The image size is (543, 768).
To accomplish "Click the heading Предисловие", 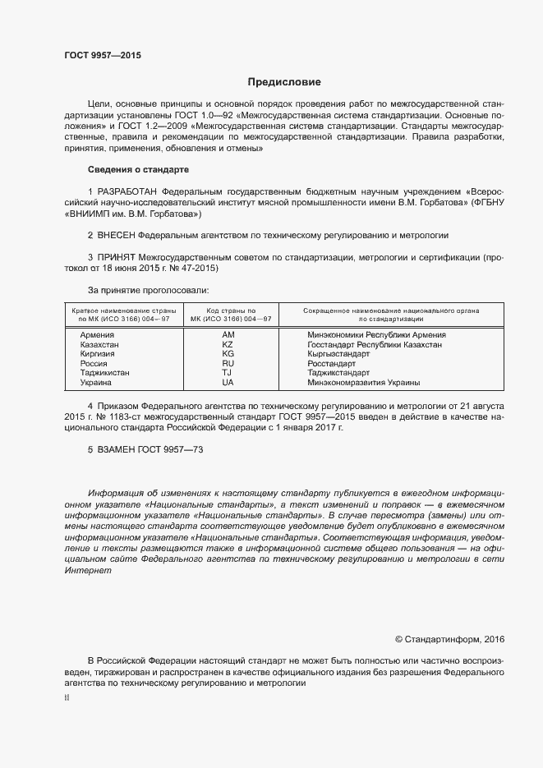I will tap(284, 82).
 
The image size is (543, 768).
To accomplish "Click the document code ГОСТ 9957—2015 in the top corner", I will tap(103, 56).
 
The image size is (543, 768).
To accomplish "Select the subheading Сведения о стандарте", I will tap(138, 169).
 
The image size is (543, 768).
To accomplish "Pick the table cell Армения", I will tap(96, 335).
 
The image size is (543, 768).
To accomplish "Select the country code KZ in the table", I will tap(228, 345).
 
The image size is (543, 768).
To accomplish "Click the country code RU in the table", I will tap(228, 363).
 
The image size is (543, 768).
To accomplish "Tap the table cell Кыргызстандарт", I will tap(338, 354).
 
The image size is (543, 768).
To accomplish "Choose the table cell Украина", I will tap(95, 382).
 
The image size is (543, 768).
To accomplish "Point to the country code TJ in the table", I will tap(228, 373).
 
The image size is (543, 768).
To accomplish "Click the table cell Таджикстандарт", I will tap(338, 373).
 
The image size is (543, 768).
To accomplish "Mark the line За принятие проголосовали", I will tap(148, 290).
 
